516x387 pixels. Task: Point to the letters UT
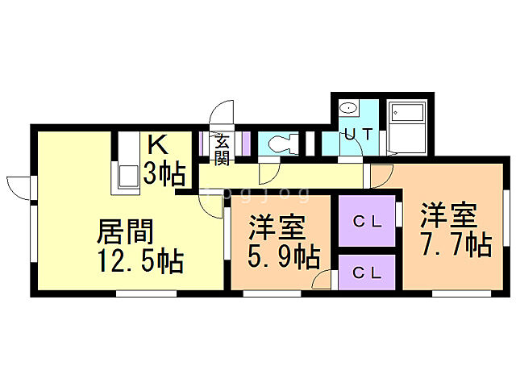[x=358, y=134]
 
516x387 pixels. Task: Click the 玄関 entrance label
[x=223, y=148]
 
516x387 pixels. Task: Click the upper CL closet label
[x=368, y=219]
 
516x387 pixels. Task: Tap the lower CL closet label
[x=368, y=273]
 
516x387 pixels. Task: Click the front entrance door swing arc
[x=222, y=112]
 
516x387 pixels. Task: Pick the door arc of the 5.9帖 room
[x=321, y=280]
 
